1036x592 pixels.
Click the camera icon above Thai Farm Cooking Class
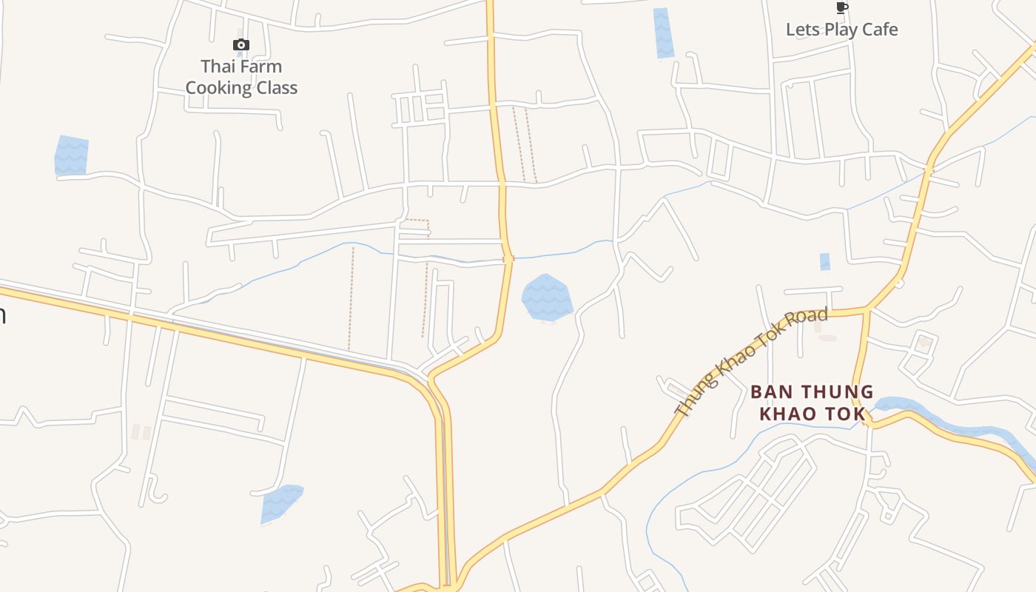[x=241, y=45]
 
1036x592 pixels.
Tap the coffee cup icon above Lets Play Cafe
[x=841, y=8]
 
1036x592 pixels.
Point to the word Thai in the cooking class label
[x=218, y=67]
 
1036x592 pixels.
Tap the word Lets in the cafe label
[x=801, y=30]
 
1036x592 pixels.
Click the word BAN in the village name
[x=769, y=392]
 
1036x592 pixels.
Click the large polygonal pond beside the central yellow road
[x=547, y=297]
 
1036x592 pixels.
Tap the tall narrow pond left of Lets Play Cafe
[x=663, y=33]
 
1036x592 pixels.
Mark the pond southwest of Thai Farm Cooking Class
[x=71, y=155]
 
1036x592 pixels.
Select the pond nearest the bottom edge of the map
[x=280, y=503]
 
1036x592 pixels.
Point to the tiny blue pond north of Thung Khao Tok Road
[x=824, y=262]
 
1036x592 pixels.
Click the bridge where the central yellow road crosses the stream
[x=508, y=258]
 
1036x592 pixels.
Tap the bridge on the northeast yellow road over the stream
[x=928, y=171]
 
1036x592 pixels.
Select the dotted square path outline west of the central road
[x=417, y=228]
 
